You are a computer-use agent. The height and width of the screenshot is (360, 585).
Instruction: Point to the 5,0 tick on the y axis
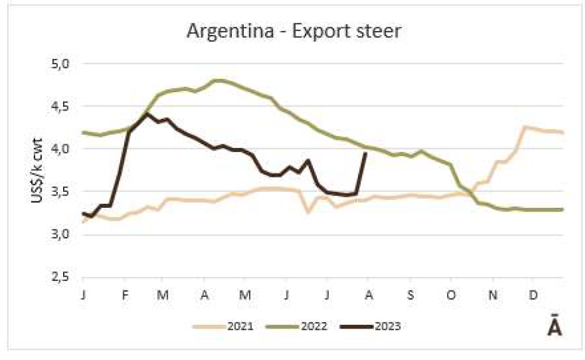tap(62, 63)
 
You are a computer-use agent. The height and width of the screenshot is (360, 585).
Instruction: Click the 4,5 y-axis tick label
tap(62, 106)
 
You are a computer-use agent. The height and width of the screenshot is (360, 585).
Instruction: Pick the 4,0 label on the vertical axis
tap(62, 149)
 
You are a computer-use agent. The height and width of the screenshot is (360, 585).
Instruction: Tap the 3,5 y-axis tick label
tap(62, 191)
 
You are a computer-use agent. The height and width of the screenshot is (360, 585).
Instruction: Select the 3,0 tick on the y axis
tap(62, 234)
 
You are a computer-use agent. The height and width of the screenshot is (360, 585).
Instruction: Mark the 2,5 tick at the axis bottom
tap(62, 277)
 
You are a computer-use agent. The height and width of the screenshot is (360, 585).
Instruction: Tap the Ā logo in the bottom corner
tap(553, 327)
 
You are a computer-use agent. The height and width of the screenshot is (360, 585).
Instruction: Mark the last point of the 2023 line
tap(365, 153)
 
